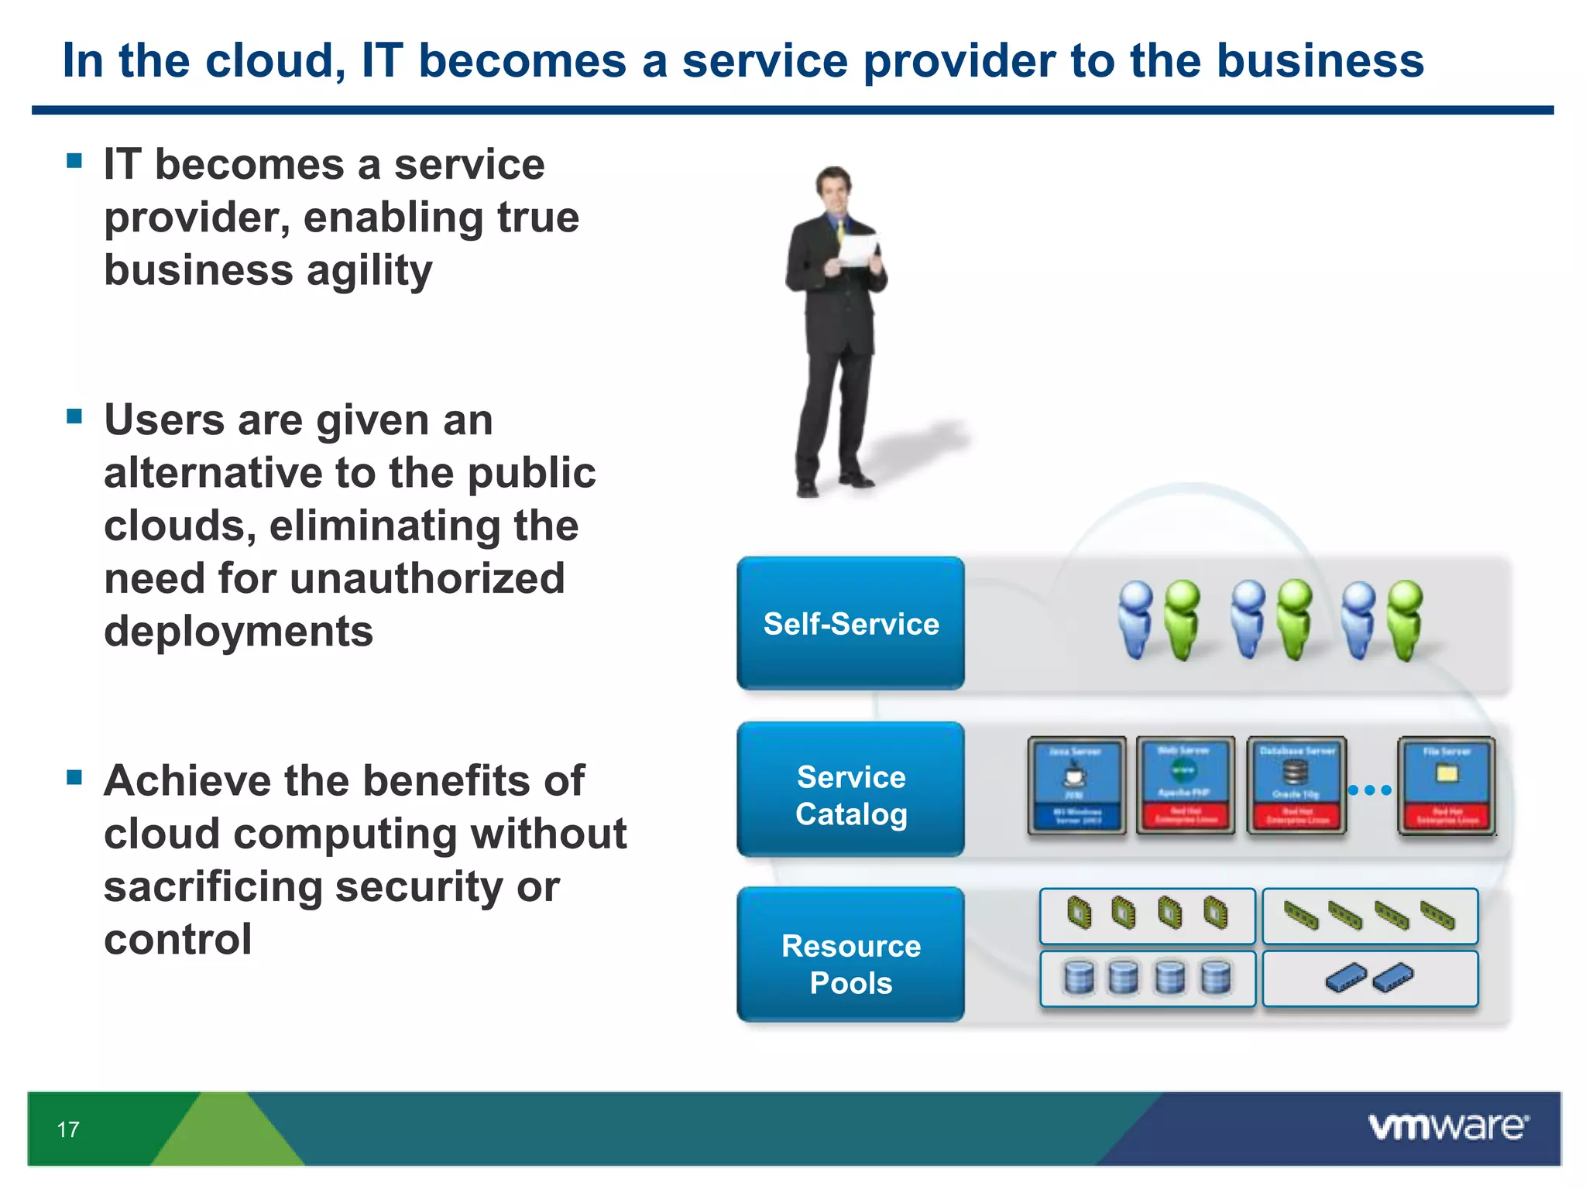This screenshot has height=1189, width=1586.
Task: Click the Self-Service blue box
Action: (850, 623)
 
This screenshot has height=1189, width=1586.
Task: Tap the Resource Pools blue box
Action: (850, 955)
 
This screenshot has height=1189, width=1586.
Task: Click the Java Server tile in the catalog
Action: (1076, 785)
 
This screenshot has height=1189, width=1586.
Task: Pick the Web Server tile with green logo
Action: (1186, 785)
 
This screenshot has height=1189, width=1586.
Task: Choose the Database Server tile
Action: (1296, 785)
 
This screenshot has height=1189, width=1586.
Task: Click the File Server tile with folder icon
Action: (1446, 785)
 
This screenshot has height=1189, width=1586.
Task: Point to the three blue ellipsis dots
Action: (1369, 790)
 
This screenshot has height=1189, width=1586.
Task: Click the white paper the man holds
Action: (858, 250)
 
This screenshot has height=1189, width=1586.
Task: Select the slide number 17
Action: (68, 1129)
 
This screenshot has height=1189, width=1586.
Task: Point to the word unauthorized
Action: (428, 579)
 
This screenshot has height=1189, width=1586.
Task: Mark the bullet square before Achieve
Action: (74, 776)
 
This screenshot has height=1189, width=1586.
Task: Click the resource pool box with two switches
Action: (1369, 978)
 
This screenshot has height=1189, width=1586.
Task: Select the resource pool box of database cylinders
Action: (1147, 978)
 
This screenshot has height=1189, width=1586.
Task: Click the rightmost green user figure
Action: (1406, 619)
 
